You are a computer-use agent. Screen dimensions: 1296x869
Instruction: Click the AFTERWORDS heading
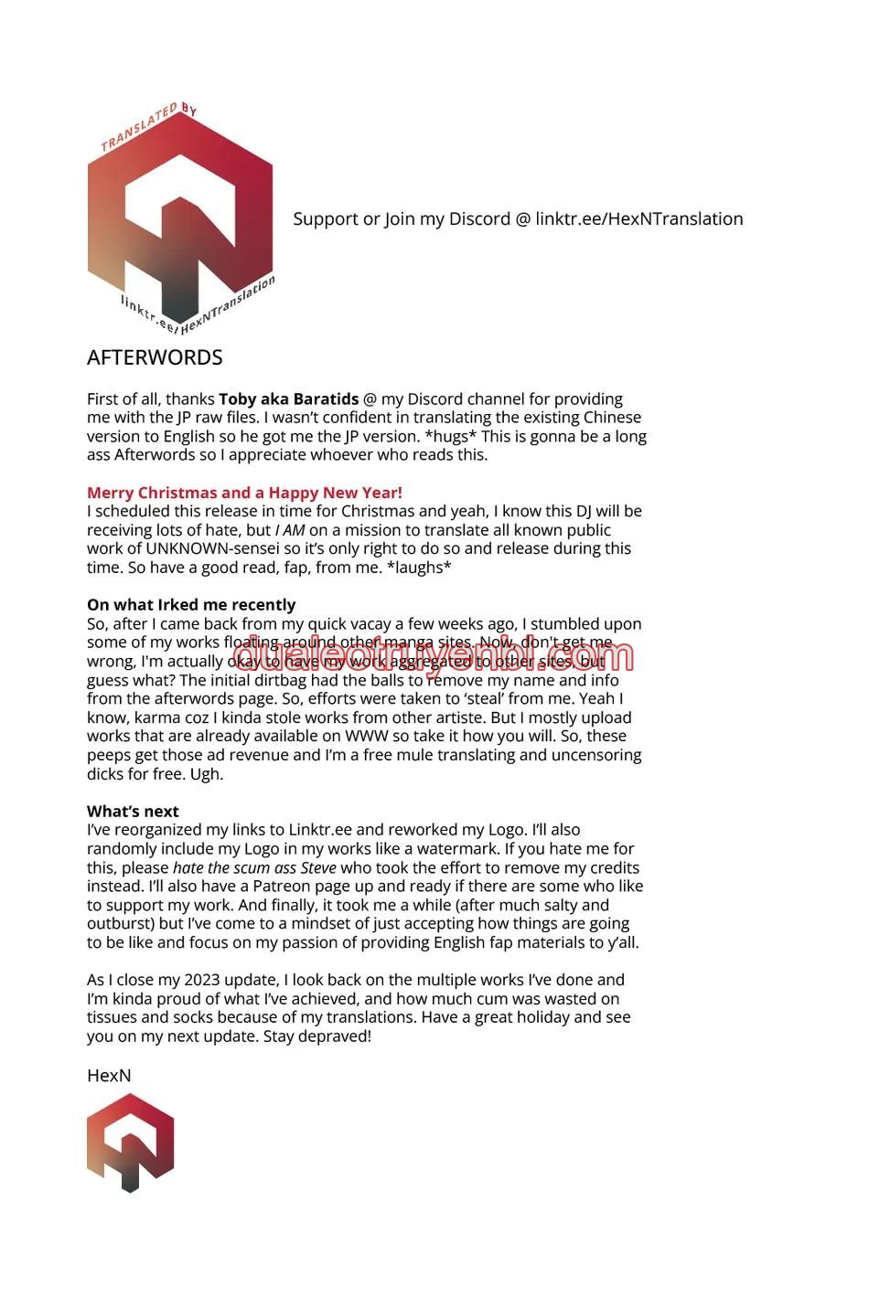155,357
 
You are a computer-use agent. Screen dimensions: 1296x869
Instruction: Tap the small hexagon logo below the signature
130,1142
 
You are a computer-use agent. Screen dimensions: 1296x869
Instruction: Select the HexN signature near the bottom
109,1076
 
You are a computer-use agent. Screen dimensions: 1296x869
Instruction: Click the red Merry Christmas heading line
244,493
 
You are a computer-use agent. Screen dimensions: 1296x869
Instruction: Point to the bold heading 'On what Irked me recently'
191,605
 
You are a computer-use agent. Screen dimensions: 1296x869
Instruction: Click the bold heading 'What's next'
133,812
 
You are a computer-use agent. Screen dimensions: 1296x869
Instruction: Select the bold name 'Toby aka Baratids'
288,399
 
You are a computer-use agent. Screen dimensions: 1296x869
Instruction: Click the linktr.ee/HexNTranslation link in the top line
639,219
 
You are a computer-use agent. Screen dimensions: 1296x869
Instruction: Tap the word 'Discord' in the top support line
479,219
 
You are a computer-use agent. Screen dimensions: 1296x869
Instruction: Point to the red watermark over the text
434,656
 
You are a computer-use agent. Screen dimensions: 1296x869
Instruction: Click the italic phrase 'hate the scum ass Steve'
254,868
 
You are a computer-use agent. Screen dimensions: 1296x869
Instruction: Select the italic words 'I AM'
289,530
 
